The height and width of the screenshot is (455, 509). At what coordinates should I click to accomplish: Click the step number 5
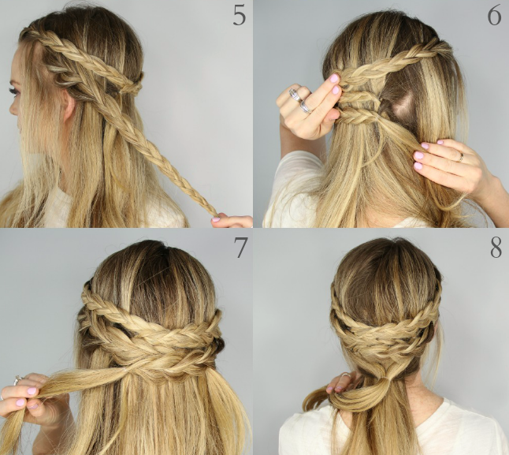click(x=240, y=17)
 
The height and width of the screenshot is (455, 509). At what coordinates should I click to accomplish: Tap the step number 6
click(x=494, y=17)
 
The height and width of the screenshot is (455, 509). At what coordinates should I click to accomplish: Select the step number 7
click(x=240, y=247)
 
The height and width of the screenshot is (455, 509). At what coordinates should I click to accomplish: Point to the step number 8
click(x=496, y=248)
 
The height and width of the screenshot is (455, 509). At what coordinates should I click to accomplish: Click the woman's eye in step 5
click(x=13, y=91)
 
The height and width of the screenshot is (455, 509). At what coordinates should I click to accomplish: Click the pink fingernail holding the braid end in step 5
click(x=216, y=219)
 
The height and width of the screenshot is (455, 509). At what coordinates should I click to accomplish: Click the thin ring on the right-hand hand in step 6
click(x=461, y=157)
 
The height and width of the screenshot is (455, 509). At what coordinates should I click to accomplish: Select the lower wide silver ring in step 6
click(x=306, y=106)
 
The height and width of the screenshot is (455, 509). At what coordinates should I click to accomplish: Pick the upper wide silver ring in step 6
click(x=295, y=95)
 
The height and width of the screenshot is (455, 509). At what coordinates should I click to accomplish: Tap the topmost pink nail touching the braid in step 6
click(x=334, y=78)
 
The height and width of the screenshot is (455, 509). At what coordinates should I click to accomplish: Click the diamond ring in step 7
click(x=17, y=380)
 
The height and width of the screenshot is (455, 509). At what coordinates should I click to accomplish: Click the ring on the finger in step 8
click(x=345, y=375)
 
